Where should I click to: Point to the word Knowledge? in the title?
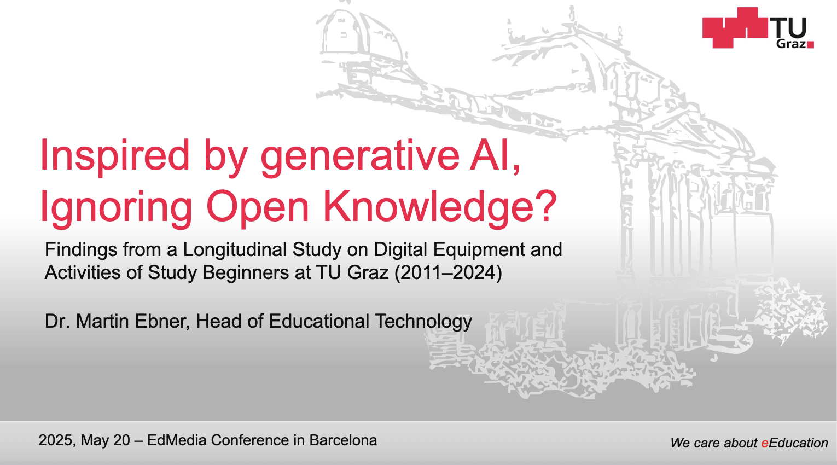point(440,207)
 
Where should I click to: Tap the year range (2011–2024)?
point(448,273)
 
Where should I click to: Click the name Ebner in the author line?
point(162,321)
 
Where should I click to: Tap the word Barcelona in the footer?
point(343,440)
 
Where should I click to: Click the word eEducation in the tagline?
point(794,443)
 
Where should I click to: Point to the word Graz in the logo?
point(791,44)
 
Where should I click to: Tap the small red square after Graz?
point(811,45)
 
